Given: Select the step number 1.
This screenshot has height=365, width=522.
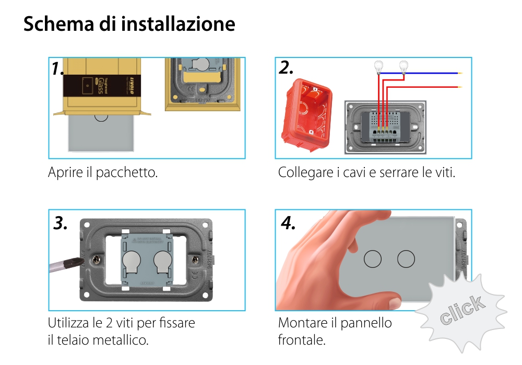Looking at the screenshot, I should (58, 69).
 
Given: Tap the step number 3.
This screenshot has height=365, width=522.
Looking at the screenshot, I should (61, 223).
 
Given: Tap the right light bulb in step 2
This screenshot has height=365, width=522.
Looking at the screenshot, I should (403, 66).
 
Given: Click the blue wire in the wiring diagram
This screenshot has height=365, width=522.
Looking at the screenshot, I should (428, 74).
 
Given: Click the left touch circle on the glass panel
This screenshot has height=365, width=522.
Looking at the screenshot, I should (373, 259).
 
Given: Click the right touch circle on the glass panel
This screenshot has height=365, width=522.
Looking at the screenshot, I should (406, 259).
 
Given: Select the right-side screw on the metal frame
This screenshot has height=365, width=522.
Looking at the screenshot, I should (195, 259).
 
